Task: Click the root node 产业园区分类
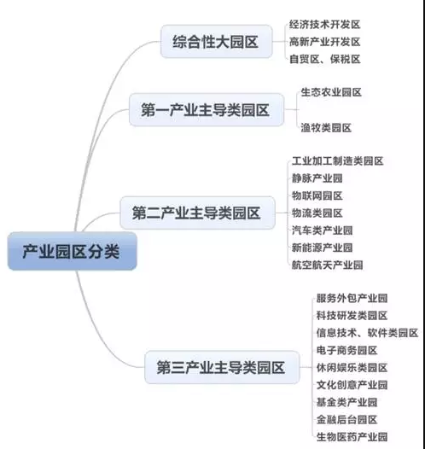pyautogui.click(x=73, y=251)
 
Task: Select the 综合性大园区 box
pyautogui.click(x=216, y=42)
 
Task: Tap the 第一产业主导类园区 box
pyautogui.click(x=207, y=109)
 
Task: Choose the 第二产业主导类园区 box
pyautogui.click(x=197, y=213)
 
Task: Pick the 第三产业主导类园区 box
pyautogui.click(x=222, y=367)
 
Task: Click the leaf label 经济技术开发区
pyautogui.click(x=324, y=25)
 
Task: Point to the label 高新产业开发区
pyautogui.click(x=324, y=42)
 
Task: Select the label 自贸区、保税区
pyautogui.click(x=324, y=59)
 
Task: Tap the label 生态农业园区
pyautogui.click(x=331, y=92)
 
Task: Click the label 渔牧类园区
pyautogui.click(x=326, y=128)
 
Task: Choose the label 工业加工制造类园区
pyautogui.click(x=337, y=161)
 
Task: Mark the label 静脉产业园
pyautogui.click(x=317, y=178)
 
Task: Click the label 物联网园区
pyautogui.click(x=317, y=195)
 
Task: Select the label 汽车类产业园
pyautogui.click(x=323, y=230)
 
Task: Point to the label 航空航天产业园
pyautogui.click(x=327, y=265)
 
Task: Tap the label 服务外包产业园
pyautogui.click(x=352, y=298)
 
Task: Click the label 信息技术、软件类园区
pyautogui.click(x=367, y=333)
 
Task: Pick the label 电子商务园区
pyautogui.click(x=346, y=350)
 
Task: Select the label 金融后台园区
pyautogui.click(x=346, y=419)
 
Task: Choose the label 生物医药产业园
pyautogui.click(x=352, y=437)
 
